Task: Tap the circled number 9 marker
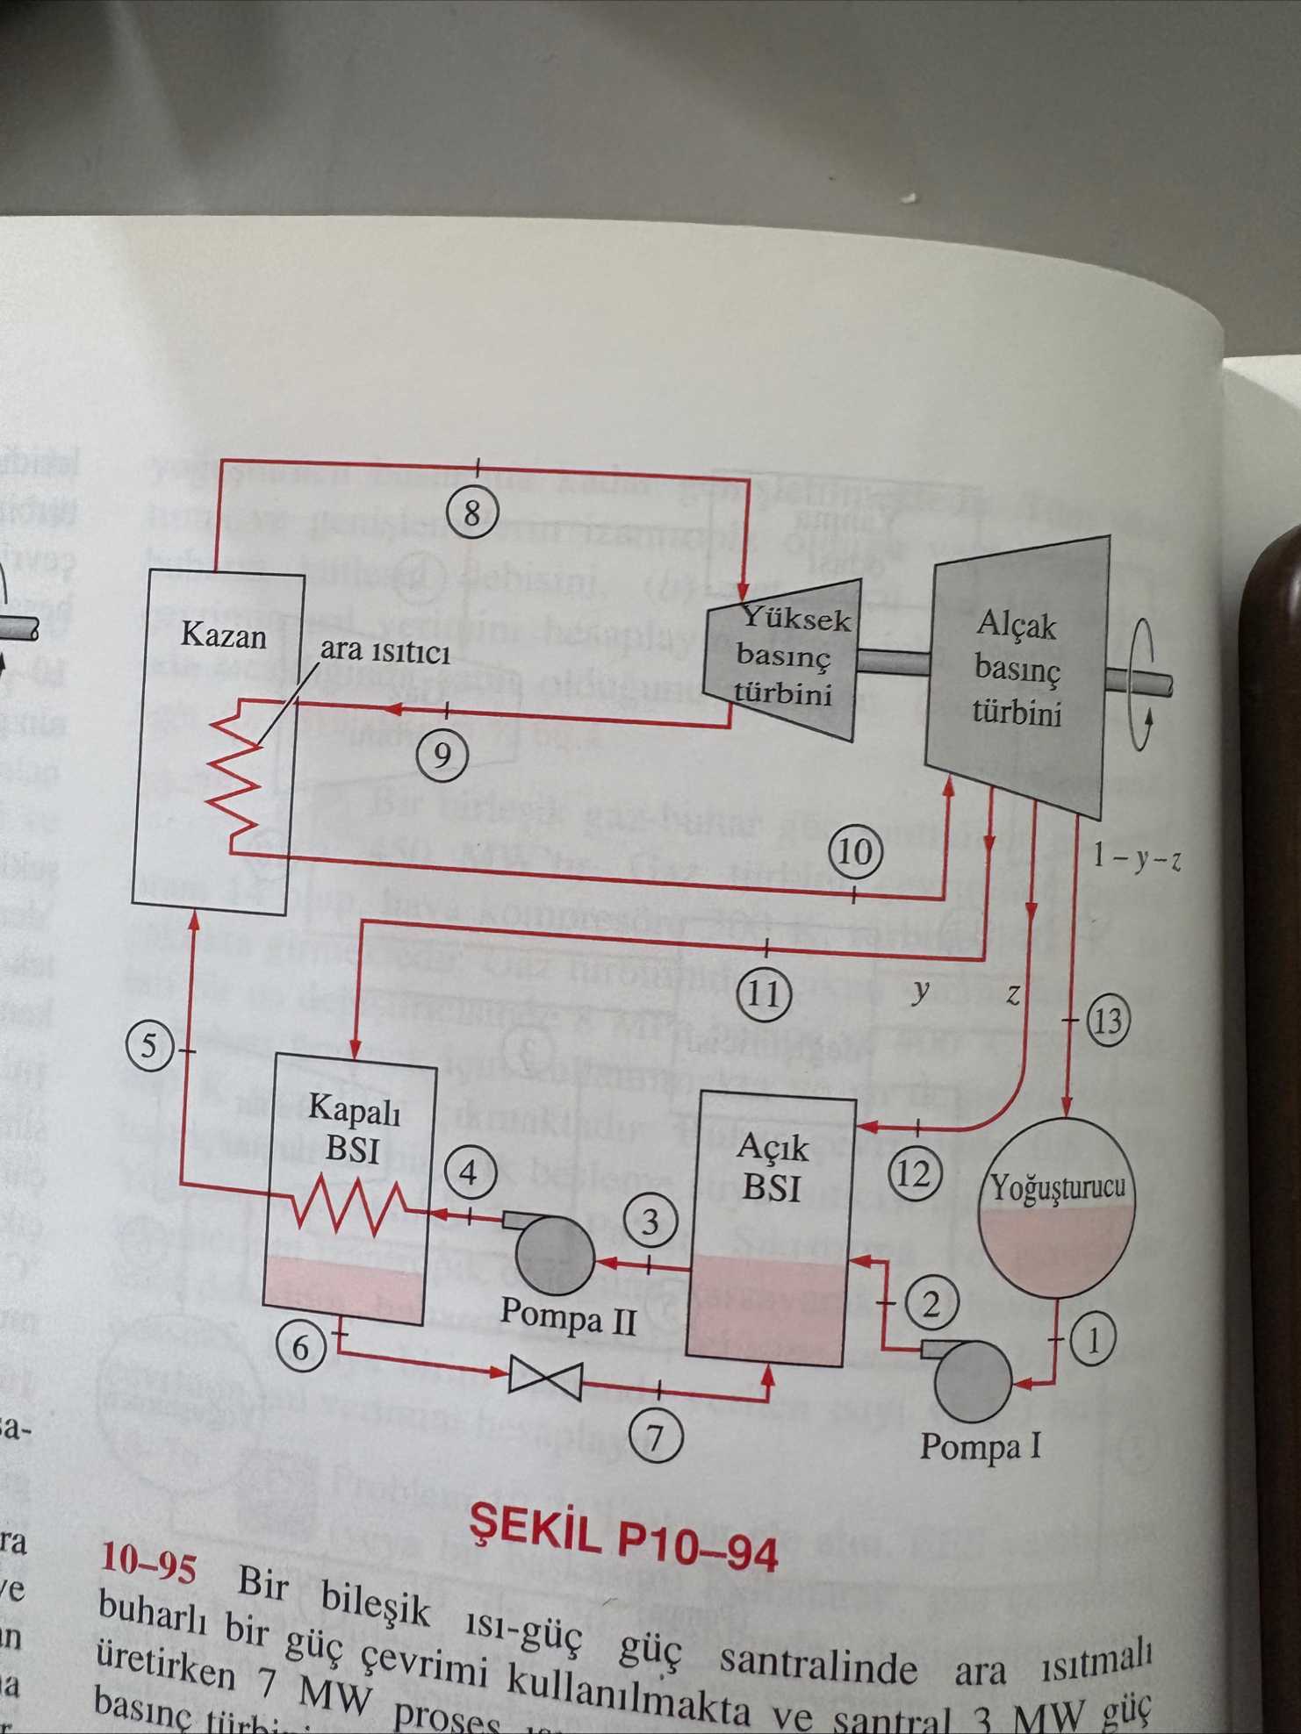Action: pos(442,754)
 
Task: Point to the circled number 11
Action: pos(765,994)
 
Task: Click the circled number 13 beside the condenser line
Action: pos(1108,1021)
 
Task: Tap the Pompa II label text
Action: pos(568,1318)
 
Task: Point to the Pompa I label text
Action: pos(980,1445)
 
